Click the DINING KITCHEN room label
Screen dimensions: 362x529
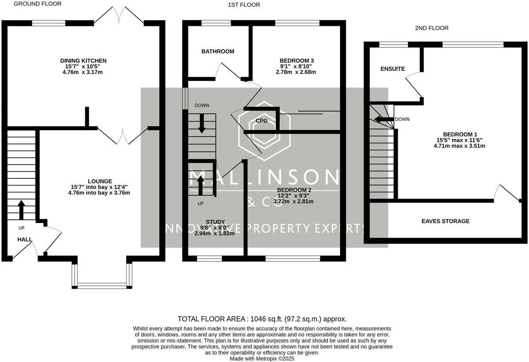(x=83, y=61)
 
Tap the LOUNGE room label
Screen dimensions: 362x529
(x=100, y=181)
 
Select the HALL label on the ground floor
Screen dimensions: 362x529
(x=25, y=240)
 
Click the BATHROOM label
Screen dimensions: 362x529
(x=218, y=51)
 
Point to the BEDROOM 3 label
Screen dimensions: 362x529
(x=297, y=61)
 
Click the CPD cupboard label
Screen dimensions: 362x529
(x=262, y=121)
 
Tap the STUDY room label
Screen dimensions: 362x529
(x=215, y=222)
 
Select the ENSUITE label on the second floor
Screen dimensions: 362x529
(x=393, y=69)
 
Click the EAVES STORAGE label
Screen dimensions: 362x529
(x=445, y=221)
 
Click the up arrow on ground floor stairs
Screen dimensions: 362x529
(x=21, y=210)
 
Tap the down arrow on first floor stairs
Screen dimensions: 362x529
(x=202, y=124)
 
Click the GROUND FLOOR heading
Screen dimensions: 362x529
(x=38, y=4)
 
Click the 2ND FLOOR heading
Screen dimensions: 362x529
(x=431, y=28)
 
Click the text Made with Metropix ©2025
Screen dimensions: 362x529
(x=262, y=359)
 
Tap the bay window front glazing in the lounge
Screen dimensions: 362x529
(x=102, y=286)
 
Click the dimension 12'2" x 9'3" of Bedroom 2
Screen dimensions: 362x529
(x=293, y=196)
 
